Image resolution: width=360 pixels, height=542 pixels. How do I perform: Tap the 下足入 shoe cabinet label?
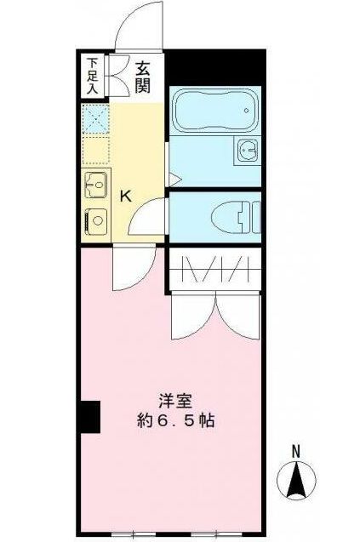(x=93, y=73)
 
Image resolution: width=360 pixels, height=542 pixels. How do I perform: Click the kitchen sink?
(x=95, y=182)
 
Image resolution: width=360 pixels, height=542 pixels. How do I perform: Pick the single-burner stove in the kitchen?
(x=95, y=220)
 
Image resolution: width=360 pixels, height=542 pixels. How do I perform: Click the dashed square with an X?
(x=95, y=118)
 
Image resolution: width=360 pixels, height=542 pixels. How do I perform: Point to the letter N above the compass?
(x=295, y=451)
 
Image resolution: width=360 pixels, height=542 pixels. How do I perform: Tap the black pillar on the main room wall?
(x=89, y=417)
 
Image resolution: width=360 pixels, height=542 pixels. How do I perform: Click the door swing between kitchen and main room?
(x=130, y=267)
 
